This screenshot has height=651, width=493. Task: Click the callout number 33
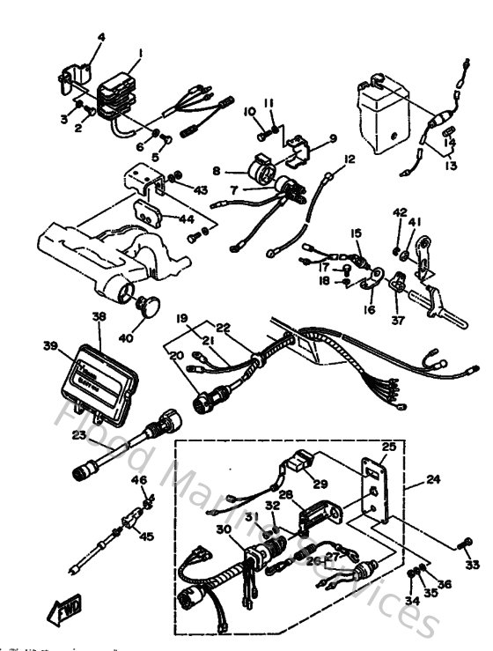tap(473, 565)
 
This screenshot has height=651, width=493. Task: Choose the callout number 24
tap(433, 480)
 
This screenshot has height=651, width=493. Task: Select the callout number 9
tap(333, 138)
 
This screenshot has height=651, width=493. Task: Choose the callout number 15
tap(356, 233)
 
